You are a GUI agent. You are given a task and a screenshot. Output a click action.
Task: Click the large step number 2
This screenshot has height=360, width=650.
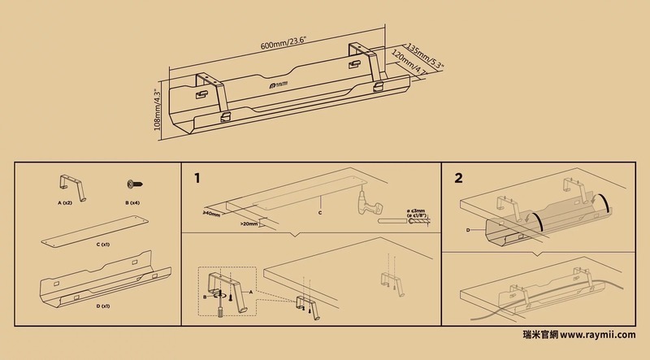pos(459,177)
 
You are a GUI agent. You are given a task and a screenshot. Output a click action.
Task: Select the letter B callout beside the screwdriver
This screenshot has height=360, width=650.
pos(204,298)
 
